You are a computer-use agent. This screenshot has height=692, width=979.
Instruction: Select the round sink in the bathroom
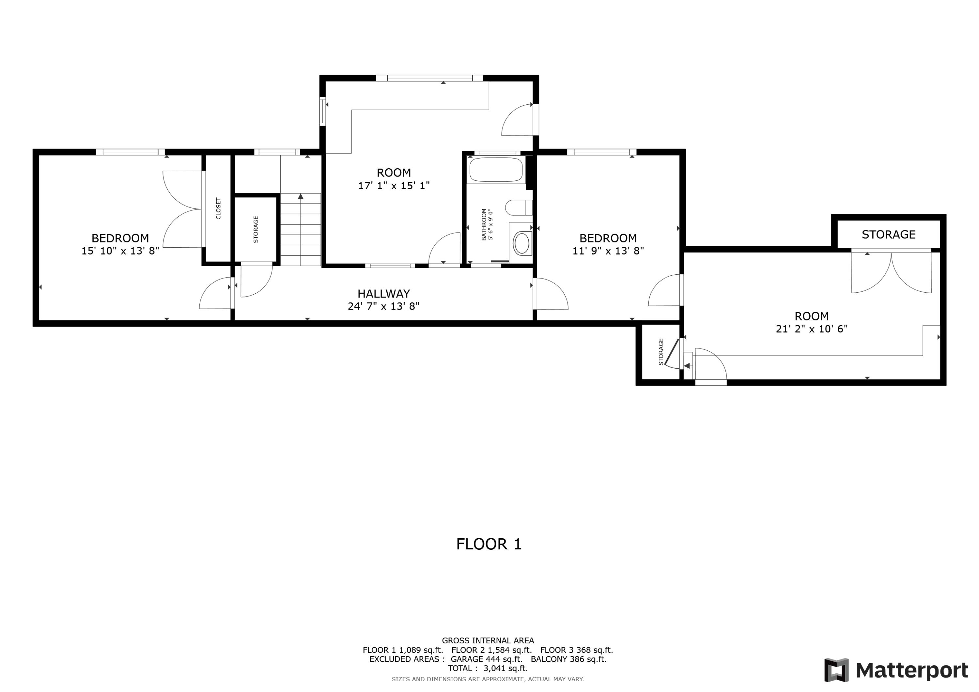[x=522, y=243]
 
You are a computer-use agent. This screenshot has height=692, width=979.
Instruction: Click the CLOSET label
[x=219, y=208]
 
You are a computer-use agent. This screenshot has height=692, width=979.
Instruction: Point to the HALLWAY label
[x=383, y=293]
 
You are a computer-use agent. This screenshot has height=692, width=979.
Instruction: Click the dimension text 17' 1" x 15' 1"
[x=394, y=185]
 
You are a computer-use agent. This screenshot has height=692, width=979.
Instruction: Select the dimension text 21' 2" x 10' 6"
[x=811, y=329]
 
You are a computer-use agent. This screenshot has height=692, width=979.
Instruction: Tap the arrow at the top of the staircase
[x=301, y=196]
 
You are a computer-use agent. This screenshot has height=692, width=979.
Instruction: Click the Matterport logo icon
[x=836, y=670]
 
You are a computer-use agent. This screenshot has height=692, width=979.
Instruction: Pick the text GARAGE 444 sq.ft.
[x=486, y=659]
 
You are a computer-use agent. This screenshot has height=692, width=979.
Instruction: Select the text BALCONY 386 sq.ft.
[x=568, y=659]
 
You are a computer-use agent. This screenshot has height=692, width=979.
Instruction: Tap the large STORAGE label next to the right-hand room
[x=888, y=235]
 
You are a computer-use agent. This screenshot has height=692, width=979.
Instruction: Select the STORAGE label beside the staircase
[x=256, y=229]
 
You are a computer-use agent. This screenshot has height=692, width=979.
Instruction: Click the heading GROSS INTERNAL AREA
[x=488, y=640]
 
